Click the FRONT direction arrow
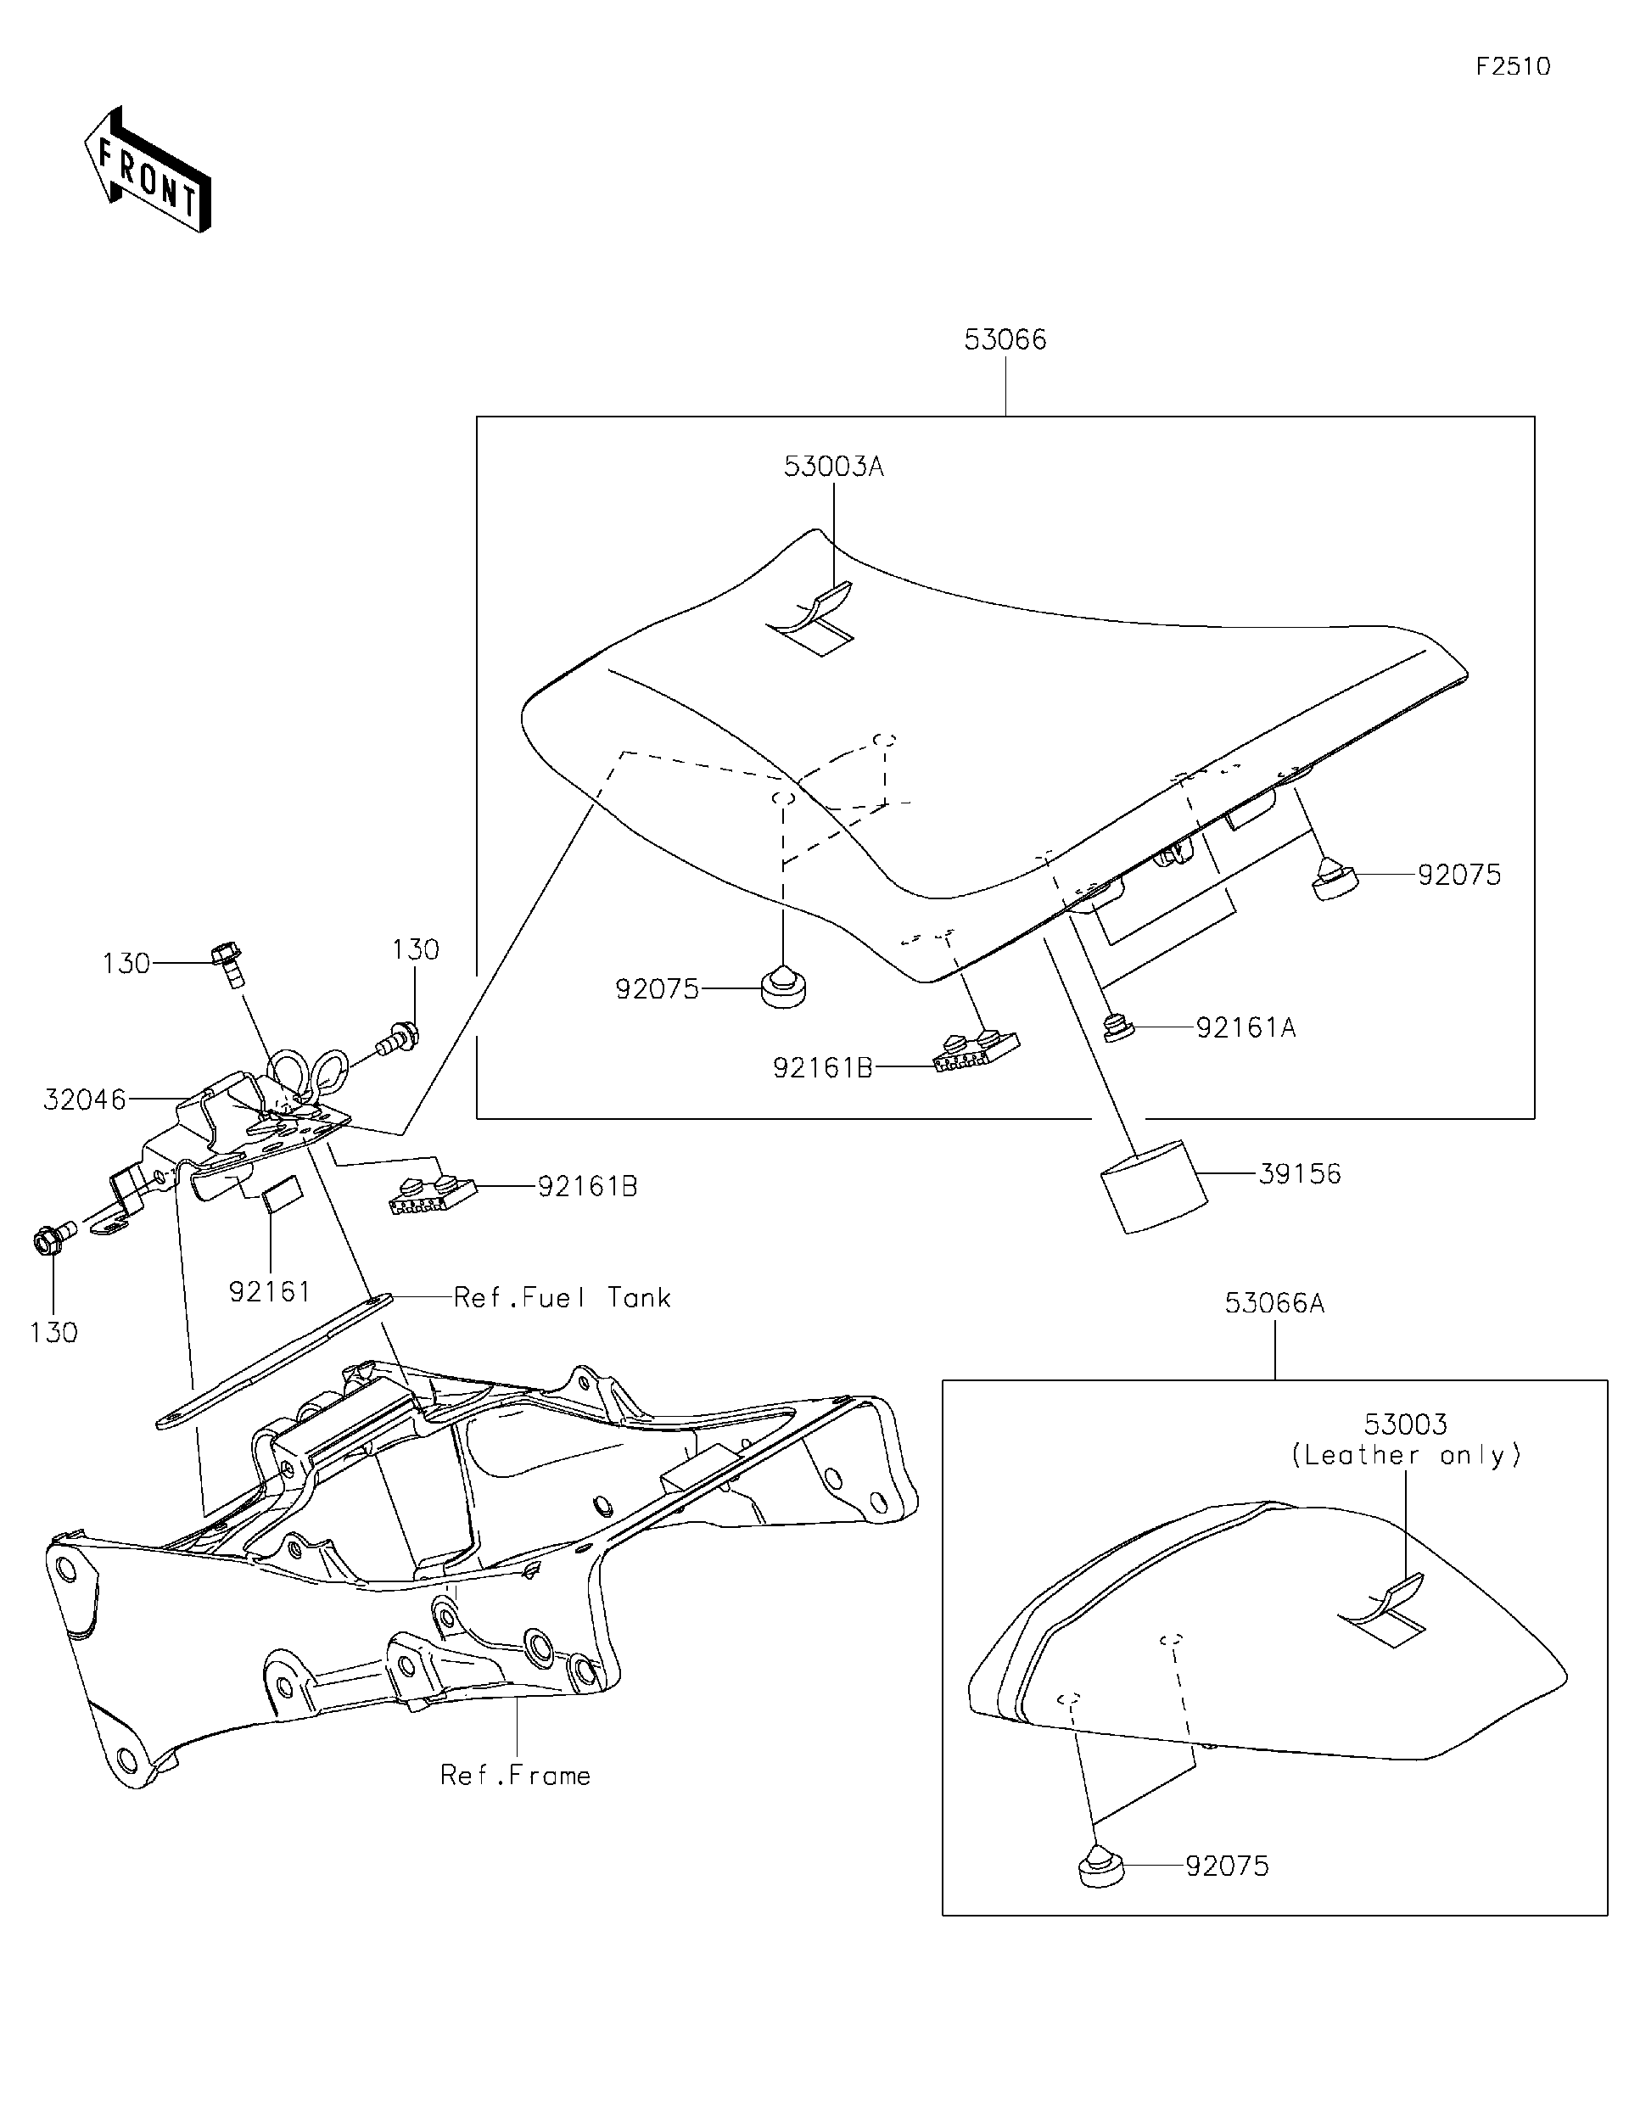click(x=148, y=171)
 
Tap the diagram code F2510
click(x=1513, y=66)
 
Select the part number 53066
click(x=1005, y=340)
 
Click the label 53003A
click(x=833, y=467)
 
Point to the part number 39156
click(x=1300, y=1173)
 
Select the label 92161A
click(x=1246, y=1028)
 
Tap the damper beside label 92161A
click(x=1118, y=1029)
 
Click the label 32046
click(x=85, y=1100)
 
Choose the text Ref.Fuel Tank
click(x=562, y=1298)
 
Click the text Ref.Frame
click(x=515, y=1776)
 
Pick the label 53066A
click(x=1274, y=1303)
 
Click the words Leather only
click(x=1406, y=1456)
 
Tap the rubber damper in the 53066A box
click(x=1100, y=1866)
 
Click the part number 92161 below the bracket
click(x=270, y=1292)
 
